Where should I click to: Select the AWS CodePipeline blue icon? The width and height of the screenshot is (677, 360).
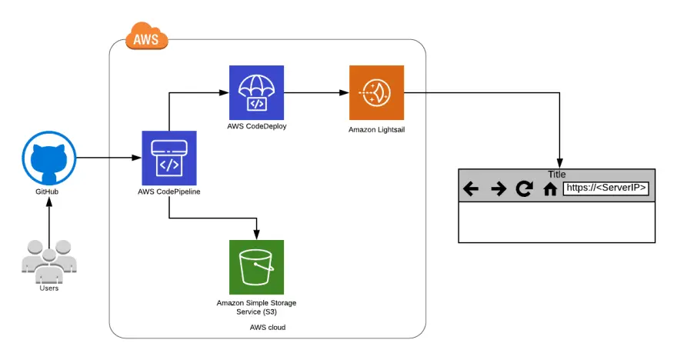click(168, 158)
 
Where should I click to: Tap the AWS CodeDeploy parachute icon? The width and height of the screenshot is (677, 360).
click(256, 92)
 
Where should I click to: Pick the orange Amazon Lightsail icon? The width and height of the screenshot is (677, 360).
click(376, 92)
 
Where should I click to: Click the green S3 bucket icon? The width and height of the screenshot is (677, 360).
click(256, 267)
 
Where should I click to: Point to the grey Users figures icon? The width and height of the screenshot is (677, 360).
click(48, 261)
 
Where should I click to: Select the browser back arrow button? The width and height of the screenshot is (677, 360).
click(471, 189)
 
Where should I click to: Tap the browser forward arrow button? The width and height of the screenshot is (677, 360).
click(498, 189)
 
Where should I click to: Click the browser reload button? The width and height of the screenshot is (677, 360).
click(524, 189)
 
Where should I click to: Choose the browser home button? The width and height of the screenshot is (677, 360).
click(550, 189)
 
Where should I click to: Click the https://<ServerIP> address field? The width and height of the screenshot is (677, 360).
click(606, 188)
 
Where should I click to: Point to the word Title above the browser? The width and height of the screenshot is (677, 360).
click(556, 175)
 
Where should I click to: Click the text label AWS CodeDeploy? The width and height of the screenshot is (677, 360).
click(256, 126)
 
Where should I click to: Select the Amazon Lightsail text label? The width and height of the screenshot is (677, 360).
click(376, 130)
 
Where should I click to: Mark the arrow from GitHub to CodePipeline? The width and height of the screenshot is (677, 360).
click(108, 158)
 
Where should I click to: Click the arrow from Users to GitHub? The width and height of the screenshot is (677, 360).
click(49, 223)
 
